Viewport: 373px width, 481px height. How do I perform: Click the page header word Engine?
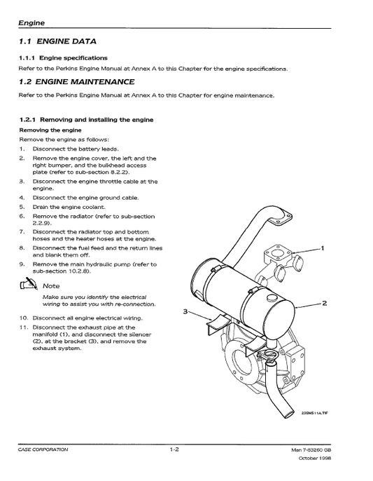point(32,23)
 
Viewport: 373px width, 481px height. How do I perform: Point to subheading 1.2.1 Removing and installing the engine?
point(86,119)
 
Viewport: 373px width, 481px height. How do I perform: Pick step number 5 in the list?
point(22,207)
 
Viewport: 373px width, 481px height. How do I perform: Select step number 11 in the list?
point(23,327)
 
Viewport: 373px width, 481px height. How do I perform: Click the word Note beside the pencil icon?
point(51,285)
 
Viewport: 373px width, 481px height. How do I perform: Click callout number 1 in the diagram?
point(322,248)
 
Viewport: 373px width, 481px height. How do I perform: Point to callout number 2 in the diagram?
point(324,304)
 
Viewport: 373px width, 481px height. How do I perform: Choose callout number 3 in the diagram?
point(185,311)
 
